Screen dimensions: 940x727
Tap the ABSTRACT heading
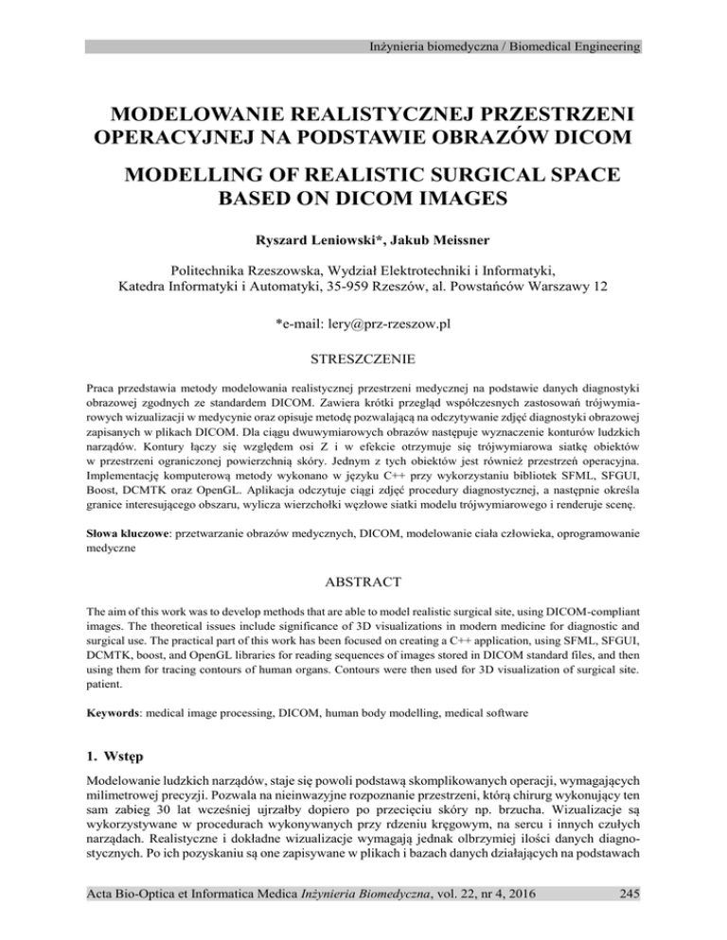click(363, 556)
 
